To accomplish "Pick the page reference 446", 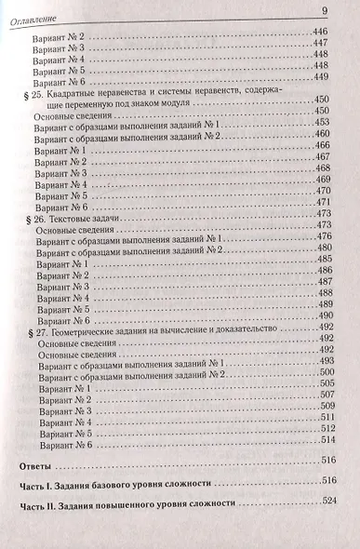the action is click(327, 32).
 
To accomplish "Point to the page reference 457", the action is click(327, 136).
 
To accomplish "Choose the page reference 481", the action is click(327, 251).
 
